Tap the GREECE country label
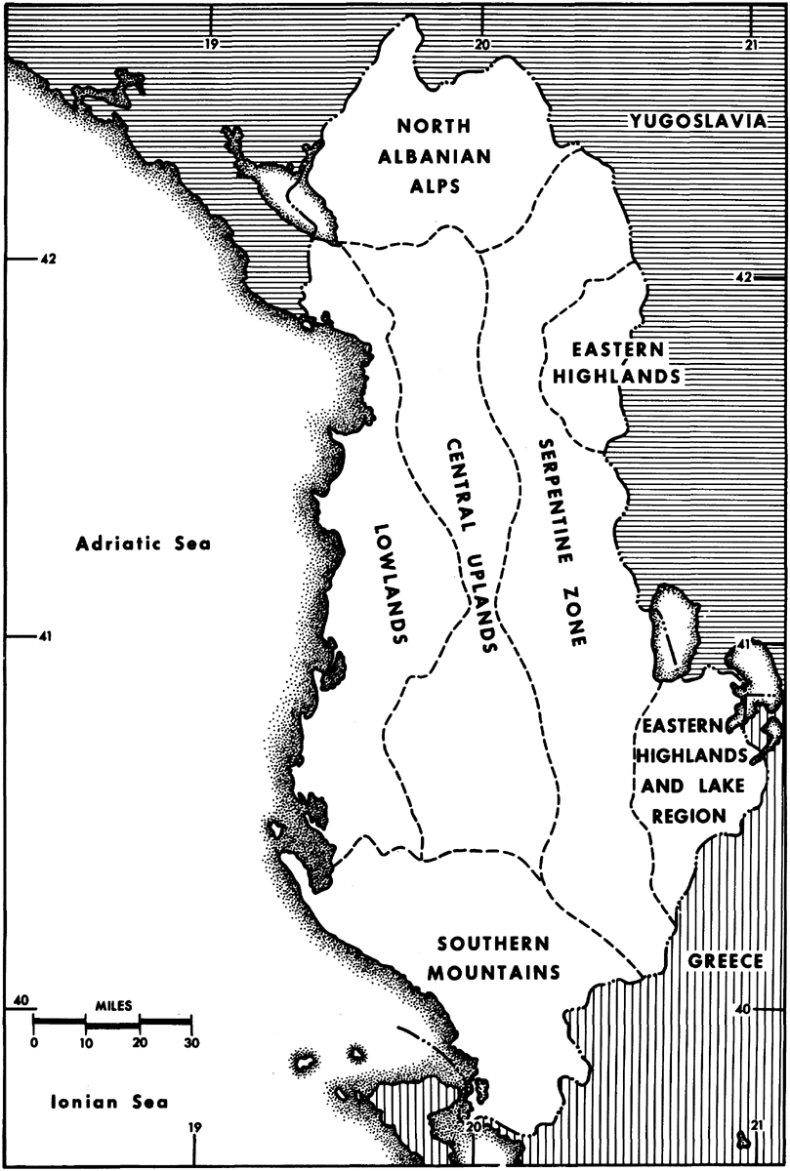[x=724, y=961]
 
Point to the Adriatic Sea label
[x=143, y=545]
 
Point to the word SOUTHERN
[x=494, y=944]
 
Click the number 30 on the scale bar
[x=191, y=1042]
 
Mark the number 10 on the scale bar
[x=86, y=1042]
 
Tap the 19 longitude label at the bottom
[x=194, y=1129]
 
